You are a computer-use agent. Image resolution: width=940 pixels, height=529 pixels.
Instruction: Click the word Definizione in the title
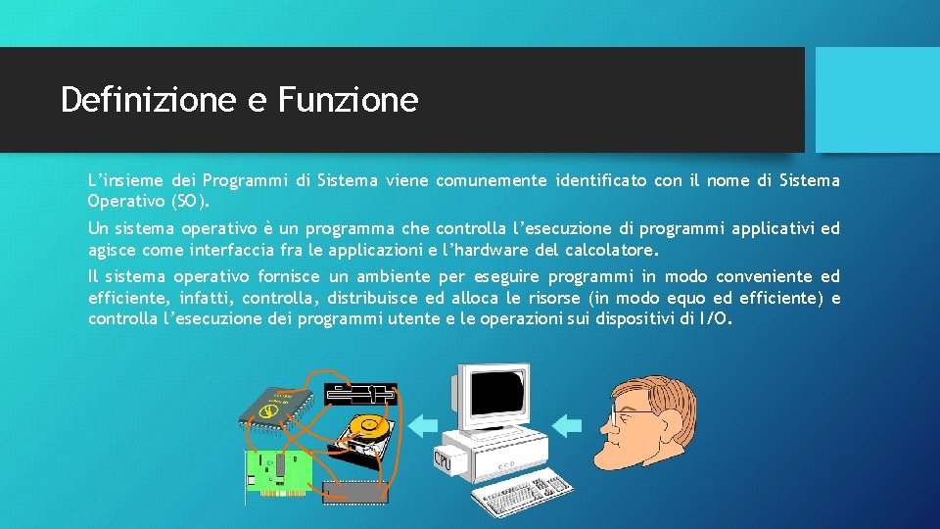pos(146,100)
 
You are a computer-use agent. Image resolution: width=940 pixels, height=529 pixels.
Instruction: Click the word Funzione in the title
pos(348,100)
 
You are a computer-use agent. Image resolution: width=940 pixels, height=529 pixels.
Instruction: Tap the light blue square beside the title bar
pos(877,100)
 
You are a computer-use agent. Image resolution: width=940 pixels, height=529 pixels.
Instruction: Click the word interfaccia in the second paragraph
pos(215,249)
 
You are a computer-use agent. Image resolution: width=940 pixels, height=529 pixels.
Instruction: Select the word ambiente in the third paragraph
pos(397,277)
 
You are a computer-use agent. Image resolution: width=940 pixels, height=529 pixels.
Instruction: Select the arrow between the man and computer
pos(568,424)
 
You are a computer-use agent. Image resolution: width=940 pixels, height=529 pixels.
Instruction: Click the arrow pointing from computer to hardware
pos(423,424)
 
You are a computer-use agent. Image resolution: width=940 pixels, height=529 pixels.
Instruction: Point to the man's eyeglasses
pos(626,415)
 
